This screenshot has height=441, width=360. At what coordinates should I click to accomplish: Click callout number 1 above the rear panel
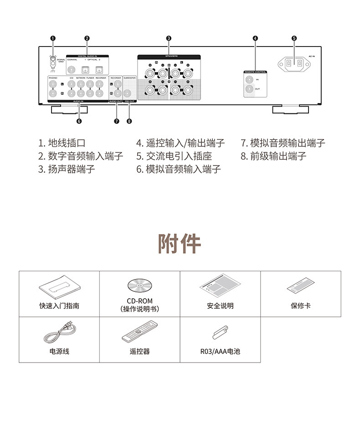coord(53,38)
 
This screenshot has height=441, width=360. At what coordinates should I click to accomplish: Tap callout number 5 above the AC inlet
coord(294,38)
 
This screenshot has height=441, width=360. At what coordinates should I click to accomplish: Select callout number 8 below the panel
coord(129,121)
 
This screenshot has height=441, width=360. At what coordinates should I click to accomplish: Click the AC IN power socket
coord(294,65)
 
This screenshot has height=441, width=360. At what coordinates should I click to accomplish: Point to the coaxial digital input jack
coord(72,70)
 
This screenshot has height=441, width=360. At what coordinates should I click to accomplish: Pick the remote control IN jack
coord(249,79)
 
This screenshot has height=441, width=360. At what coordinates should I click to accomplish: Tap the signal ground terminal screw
coord(53,60)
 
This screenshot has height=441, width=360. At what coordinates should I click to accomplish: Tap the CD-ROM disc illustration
coord(139,286)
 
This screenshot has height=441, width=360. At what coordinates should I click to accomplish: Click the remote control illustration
coord(139,332)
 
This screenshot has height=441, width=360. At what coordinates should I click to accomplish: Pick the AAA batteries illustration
coord(220,332)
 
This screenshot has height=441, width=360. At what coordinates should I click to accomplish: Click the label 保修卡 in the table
coord(300,306)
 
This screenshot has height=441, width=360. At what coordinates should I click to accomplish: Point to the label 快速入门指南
coord(59,306)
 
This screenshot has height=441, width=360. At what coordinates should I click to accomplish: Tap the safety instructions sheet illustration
coord(220,285)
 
